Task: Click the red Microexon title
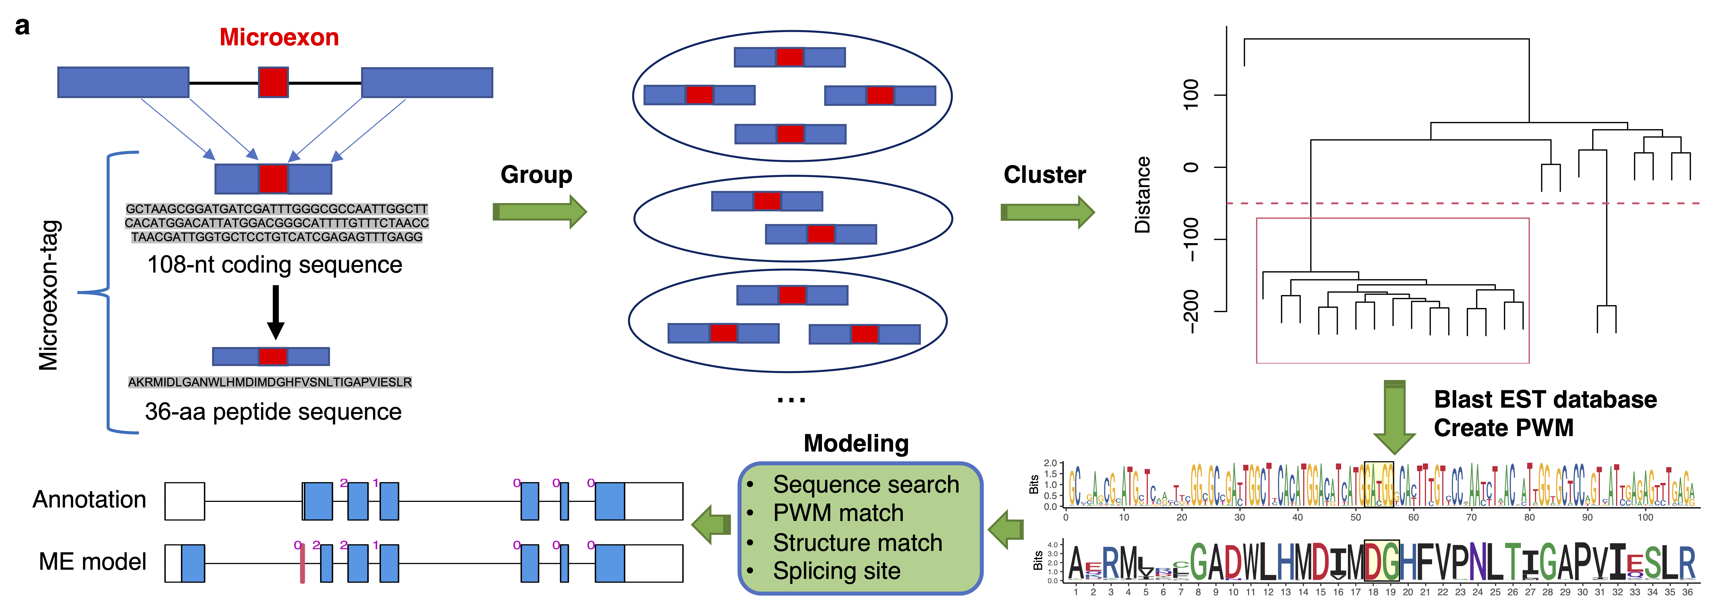(279, 38)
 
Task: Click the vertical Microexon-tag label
(49, 295)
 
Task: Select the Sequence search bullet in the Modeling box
(865, 484)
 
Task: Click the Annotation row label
(89, 500)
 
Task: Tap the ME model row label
(93, 562)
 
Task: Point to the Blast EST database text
(1545, 400)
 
